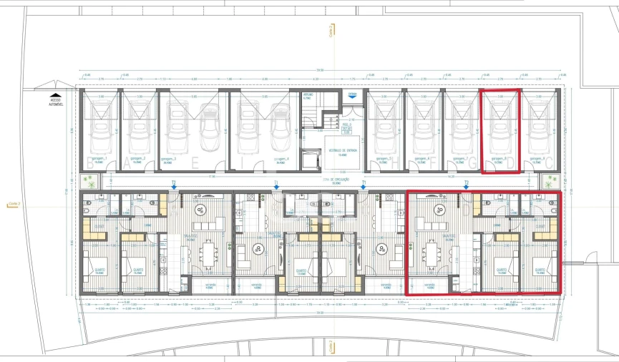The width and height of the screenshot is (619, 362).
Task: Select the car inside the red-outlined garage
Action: coord(500,129)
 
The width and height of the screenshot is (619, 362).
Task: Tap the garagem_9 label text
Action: coord(537,159)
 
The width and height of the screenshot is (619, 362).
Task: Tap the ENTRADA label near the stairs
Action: coord(352,94)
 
